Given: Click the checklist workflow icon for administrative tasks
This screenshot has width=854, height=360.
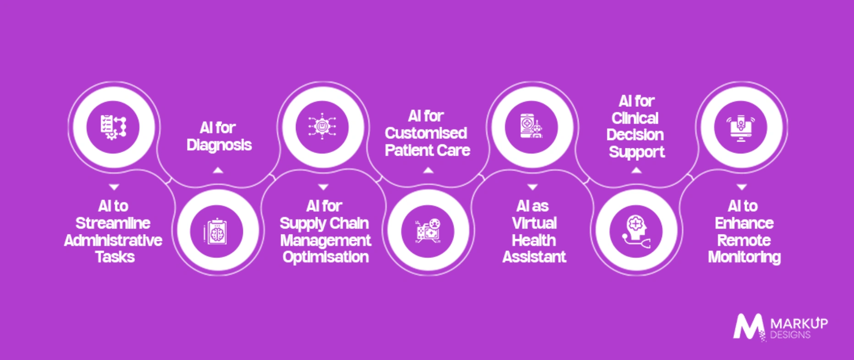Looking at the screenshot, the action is tap(113, 127).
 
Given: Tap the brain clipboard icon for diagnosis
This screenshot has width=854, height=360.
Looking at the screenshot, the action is tap(216, 232).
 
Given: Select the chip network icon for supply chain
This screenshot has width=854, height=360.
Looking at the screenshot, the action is tap(322, 126).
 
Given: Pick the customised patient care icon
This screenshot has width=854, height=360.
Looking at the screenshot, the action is tap(428, 231).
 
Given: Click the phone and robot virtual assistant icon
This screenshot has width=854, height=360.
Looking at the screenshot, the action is tap(531, 126).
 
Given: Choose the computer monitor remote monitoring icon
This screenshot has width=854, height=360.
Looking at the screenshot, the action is tap(741, 128).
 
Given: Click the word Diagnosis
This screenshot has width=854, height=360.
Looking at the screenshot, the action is tap(219, 145).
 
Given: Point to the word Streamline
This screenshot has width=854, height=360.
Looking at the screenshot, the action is tap(113, 223).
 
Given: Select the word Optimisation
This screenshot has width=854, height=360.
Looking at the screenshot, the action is tap(326, 257).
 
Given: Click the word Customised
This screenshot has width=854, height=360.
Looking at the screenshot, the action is tap(426, 133).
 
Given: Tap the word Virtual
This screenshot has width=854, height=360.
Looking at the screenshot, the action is tap(534, 223).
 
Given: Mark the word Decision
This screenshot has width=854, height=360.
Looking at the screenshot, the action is tap(635, 135).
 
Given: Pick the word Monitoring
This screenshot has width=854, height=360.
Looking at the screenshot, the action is tap(745, 257).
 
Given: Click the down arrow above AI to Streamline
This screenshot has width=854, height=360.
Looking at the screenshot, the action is tap(114, 187).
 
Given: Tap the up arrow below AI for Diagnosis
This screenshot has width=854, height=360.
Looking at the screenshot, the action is tap(218, 170).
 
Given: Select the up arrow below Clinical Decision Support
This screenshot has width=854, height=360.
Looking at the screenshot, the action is tap(636, 170).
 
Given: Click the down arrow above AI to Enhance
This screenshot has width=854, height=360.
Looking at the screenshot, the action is tap(742, 187).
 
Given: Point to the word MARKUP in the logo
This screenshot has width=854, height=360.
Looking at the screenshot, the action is tap(799, 323).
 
